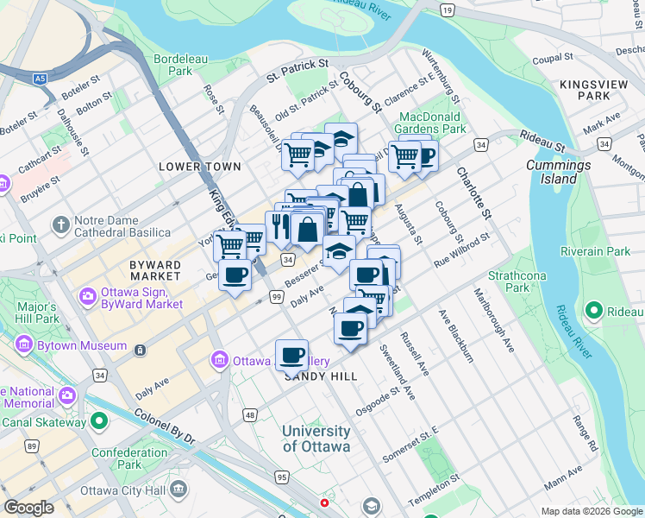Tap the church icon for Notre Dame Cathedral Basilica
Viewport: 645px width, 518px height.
(60, 226)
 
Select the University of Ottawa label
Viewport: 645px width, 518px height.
(316, 439)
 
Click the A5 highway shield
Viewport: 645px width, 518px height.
(40, 79)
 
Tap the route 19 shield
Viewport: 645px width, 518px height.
(446, 9)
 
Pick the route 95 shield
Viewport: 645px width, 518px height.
(281, 477)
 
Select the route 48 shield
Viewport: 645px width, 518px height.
(250, 416)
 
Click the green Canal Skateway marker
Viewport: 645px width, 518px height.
(99, 421)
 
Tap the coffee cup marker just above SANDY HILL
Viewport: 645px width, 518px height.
(292, 354)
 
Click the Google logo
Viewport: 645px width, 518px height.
(29, 508)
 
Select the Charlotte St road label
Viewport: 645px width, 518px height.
(473, 192)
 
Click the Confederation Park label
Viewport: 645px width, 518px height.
(117, 458)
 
